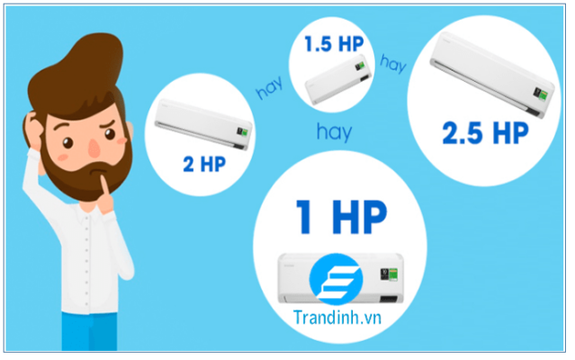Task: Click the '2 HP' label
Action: click(204, 165)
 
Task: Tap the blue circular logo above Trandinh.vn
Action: click(336, 280)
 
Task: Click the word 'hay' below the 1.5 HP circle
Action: click(333, 131)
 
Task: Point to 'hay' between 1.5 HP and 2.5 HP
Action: click(393, 63)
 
